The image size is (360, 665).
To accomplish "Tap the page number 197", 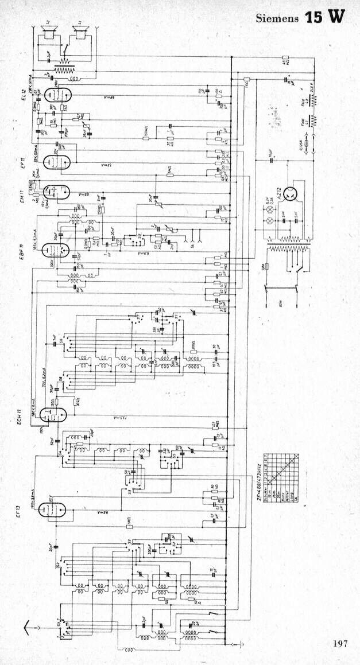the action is [340, 643].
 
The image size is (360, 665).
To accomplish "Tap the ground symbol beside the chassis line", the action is [244, 644].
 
